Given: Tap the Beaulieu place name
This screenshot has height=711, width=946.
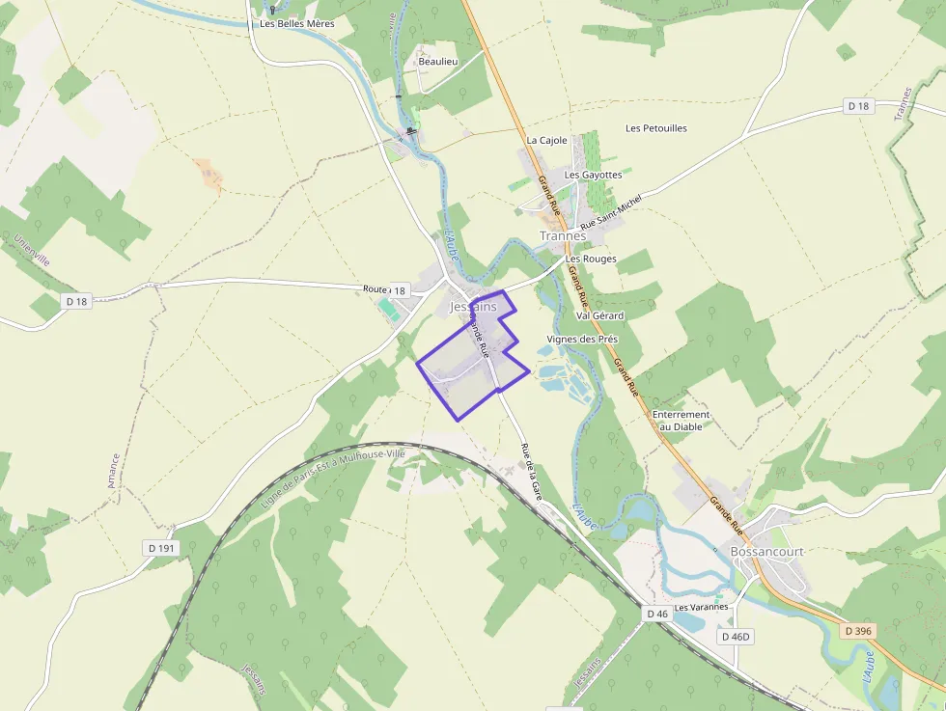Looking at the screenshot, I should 437,62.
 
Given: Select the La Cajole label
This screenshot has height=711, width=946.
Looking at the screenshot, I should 546,140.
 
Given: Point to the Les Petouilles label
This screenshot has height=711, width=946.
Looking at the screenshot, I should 656,127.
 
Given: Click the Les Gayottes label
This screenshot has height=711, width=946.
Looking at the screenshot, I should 593,175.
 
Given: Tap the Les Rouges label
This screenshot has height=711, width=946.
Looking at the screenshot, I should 591,259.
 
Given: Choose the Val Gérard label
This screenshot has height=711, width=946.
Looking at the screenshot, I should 599,315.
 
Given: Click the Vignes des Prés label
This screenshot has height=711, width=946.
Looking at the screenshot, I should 581,340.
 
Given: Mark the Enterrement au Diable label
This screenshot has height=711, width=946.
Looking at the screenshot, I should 681,420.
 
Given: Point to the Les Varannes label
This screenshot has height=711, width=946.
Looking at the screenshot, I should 701,608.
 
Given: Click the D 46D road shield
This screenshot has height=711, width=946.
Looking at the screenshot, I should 736,637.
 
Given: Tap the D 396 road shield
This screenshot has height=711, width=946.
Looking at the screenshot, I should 857,631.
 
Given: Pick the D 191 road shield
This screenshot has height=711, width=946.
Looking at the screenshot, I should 161,548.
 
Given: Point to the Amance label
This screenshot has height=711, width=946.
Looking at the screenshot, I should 114,471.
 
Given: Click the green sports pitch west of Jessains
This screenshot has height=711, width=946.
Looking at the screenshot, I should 388,309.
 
